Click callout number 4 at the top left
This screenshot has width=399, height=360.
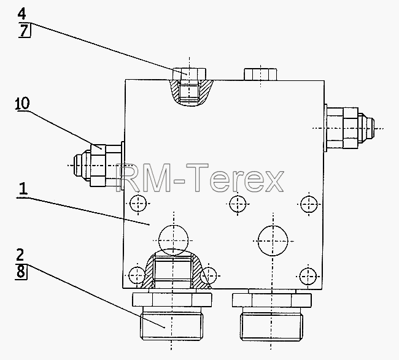[x=22, y=13]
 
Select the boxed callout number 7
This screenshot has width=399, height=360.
[x=24, y=30]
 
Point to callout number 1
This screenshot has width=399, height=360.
[x=23, y=189]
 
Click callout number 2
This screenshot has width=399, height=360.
[x=20, y=255]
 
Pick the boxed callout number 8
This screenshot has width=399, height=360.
[x=21, y=272]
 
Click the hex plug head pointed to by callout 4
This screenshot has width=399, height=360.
[x=189, y=74]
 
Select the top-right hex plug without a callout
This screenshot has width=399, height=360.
[x=260, y=74]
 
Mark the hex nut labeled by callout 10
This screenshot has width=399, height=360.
[x=98, y=165]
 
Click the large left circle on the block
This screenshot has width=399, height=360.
[x=173, y=240]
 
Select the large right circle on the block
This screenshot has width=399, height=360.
[x=273, y=241]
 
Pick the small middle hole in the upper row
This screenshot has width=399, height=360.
[x=238, y=204]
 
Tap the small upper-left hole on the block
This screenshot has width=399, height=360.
[x=138, y=203]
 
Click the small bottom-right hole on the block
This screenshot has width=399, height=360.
[x=308, y=277]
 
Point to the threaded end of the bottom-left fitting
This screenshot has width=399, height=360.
[x=171, y=326]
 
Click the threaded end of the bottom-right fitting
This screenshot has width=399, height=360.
[x=271, y=326]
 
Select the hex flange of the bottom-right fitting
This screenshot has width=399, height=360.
[x=271, y=301]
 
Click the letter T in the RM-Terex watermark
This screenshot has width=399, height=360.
[x=197, y=177]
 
